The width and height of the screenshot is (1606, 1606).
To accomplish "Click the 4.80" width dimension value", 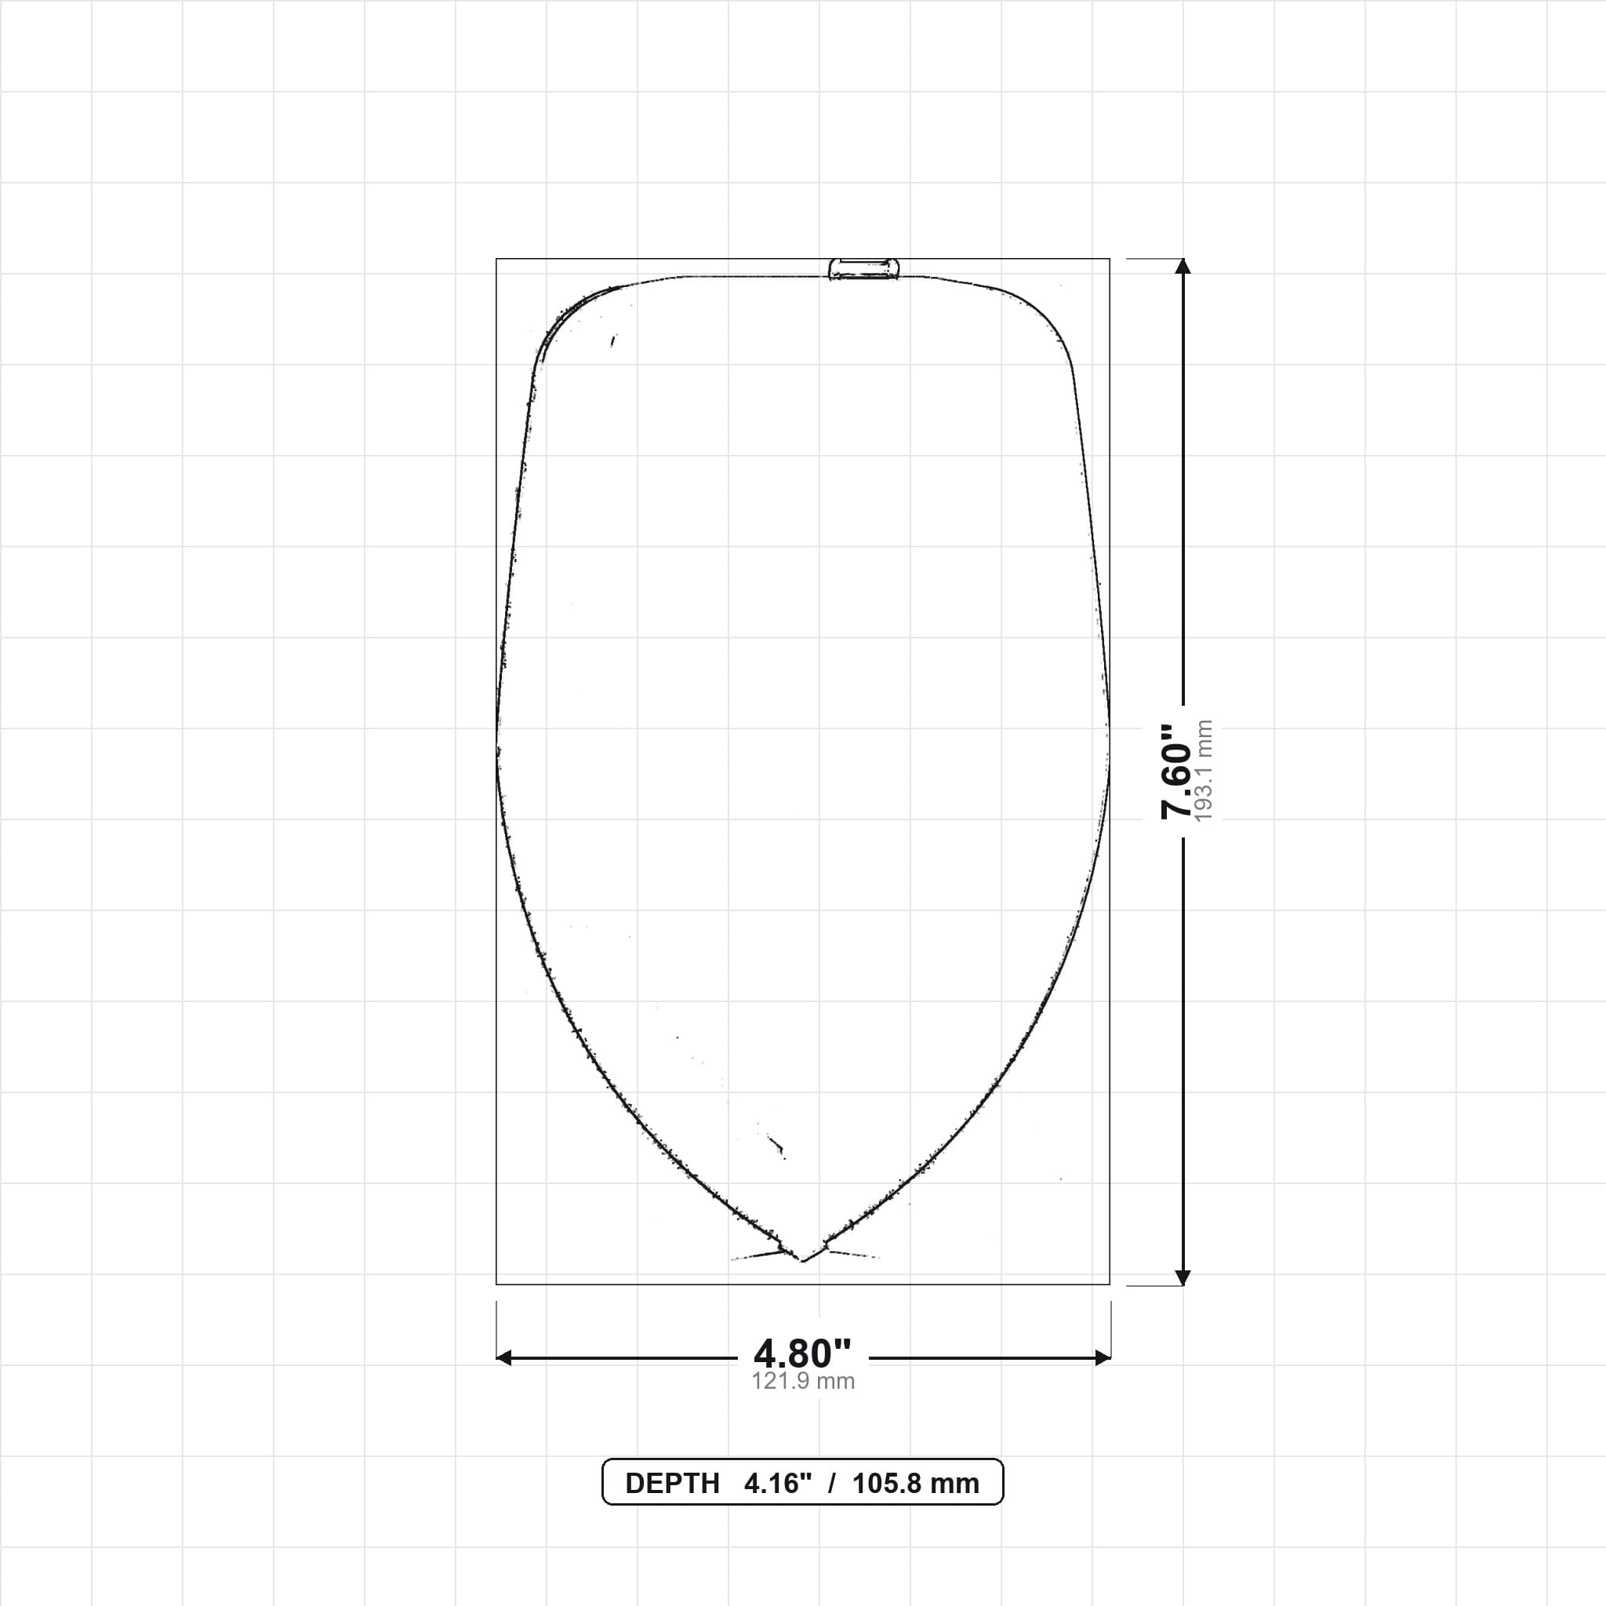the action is pos(802,1354).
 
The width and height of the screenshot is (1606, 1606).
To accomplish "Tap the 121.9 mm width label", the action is pos(803,1381).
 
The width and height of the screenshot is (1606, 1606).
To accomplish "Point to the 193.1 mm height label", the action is pos(1203,771).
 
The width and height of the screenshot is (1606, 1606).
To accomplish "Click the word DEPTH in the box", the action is pos(672,1484).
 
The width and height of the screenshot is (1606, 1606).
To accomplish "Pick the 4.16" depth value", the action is pos(777,1484).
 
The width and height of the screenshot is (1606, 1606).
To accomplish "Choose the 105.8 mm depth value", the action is pos(915,1484).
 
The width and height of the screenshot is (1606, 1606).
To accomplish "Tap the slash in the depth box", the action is pos(831,1484).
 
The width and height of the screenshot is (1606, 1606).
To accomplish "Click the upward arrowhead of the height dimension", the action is pos(1183,266).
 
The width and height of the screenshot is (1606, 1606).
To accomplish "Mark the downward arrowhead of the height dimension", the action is pos(1183,1277).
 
